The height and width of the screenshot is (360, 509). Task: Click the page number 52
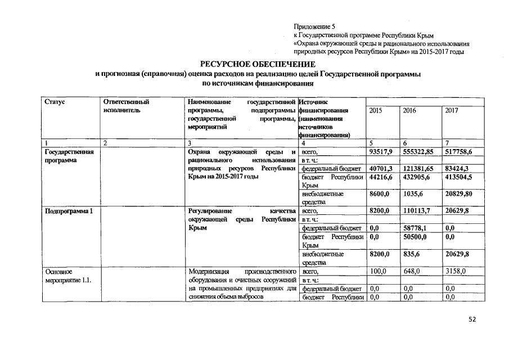coord(472,319)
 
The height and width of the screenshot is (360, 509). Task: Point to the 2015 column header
coord(376,111)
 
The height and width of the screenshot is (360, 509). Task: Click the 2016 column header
coord(409,111)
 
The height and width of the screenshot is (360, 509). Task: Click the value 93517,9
coord(380,152)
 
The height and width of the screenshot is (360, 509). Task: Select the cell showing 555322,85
coord(421,152)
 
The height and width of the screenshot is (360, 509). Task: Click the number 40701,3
coord(380,168)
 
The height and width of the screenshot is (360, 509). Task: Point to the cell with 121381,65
coord(421,168)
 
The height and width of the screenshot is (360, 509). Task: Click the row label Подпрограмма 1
coord(69,211)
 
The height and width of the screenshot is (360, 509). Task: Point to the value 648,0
coord(412,271)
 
